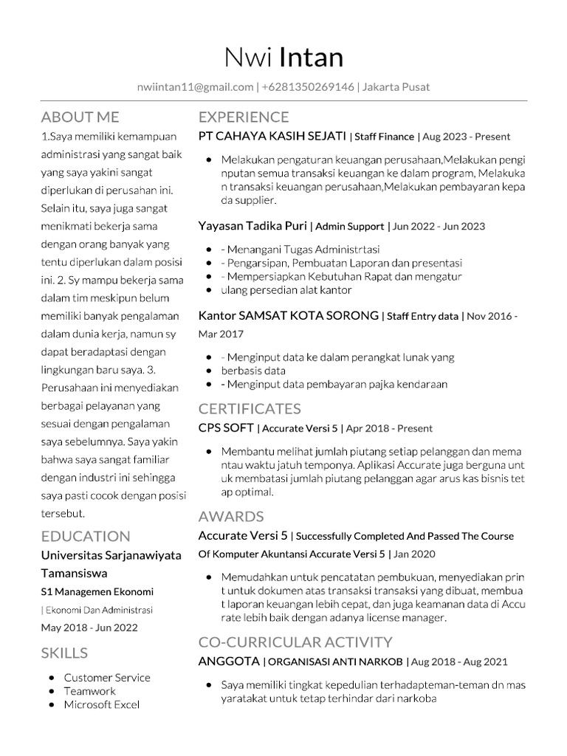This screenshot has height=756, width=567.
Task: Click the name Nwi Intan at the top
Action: click(283, 57)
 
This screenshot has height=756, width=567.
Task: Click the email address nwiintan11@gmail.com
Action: click(195, 87)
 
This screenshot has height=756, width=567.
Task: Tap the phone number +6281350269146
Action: click(308, 87)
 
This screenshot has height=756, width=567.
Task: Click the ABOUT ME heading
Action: click(80, 117)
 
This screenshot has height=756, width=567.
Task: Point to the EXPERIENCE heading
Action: click(244, 117)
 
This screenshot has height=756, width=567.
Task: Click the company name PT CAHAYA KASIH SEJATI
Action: click(272, 136)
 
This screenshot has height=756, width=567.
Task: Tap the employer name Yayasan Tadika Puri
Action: click(252, 226)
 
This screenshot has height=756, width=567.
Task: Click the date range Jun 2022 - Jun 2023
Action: click(439, 227)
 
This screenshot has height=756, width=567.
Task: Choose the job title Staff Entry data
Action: click(422, 316)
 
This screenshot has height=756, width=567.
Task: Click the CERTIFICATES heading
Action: click(250, 408)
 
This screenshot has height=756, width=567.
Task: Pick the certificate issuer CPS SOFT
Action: click(226, 427)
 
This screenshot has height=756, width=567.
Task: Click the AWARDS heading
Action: click(231, 516)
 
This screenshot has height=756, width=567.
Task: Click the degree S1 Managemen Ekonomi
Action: click(97, 591)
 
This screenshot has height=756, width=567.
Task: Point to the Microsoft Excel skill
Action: click(101, 704)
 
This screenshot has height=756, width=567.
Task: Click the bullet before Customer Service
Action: click(49, 678)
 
